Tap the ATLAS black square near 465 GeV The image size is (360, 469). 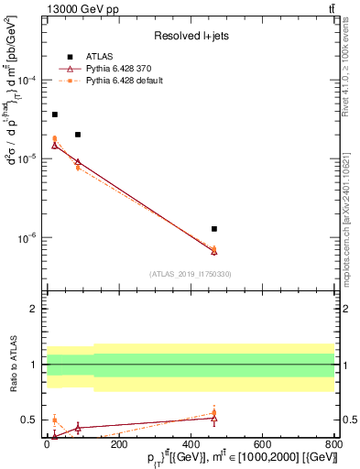213,228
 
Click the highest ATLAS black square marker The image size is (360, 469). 55,115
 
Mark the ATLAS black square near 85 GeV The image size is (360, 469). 78,135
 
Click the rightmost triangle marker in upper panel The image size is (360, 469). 213,251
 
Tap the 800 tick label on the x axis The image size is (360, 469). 333,442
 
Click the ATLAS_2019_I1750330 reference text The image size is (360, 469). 190,274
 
